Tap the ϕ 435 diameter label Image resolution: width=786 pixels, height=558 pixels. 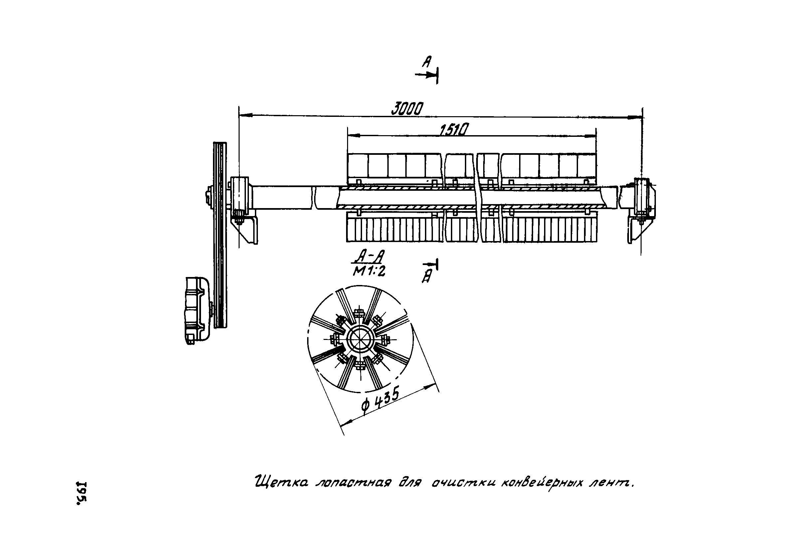click(380, 400)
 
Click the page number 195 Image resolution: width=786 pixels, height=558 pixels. click(82, 493)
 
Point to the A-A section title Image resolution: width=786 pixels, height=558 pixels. click(369, 256)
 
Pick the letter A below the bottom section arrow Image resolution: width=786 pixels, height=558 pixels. click(427, 277)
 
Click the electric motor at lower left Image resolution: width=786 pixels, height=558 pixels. click(197, 310)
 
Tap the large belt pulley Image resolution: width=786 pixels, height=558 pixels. click(220, 235)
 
